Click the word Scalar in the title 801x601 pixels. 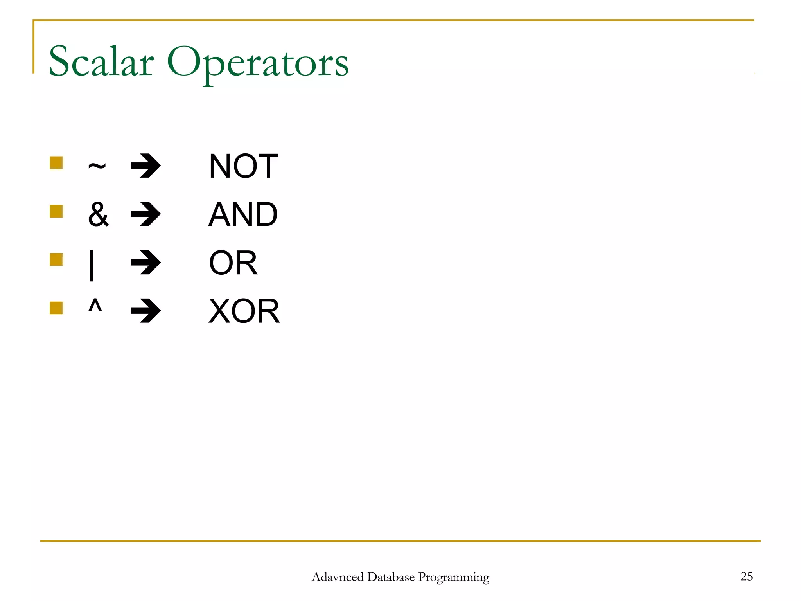(x=101, y=62)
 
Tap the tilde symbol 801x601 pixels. (x=97, y=167)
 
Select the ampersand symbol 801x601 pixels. (x=98, y=214)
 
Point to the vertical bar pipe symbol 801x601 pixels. (x=92, y=265)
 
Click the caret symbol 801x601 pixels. (x=95, y=305)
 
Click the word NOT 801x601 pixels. (x=243, y=166)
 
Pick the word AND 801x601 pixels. (x=243, y=214)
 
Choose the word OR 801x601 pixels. (x=233, y=263)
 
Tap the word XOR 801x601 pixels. (x=244, y=311)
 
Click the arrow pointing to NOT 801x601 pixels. (x=145, y=166)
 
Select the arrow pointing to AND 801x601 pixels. (x=145, y=214)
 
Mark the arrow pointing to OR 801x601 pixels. (x=145, y=263)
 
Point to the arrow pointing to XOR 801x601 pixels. (x=145, y=311)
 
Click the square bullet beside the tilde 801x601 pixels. (x=56, y=163)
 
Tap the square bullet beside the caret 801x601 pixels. (x=56, y=308)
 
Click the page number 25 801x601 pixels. (x=746, y=576)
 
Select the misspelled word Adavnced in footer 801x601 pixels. (x=338, y=577)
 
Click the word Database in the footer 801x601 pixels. (x=391, y=577)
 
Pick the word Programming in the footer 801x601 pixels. (x=454, y=578)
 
